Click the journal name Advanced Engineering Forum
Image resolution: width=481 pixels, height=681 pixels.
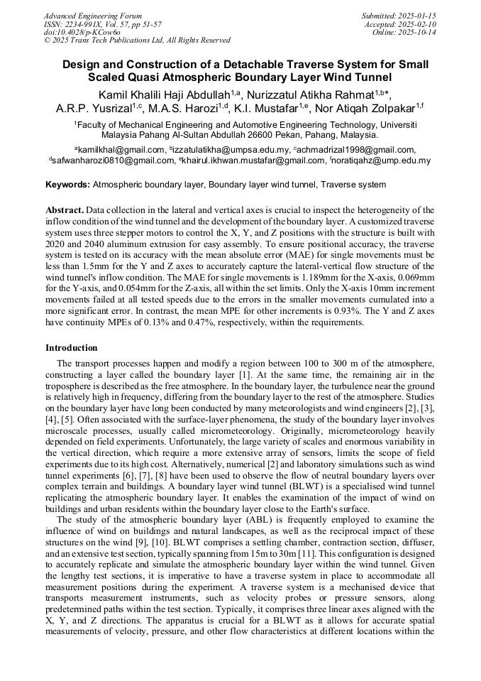pos(92,16)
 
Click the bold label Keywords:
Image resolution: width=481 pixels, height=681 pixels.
pos(68,185)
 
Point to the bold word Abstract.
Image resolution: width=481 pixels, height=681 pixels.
pos(65,211)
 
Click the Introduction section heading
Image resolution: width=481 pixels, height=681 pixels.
pos(72,348)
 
